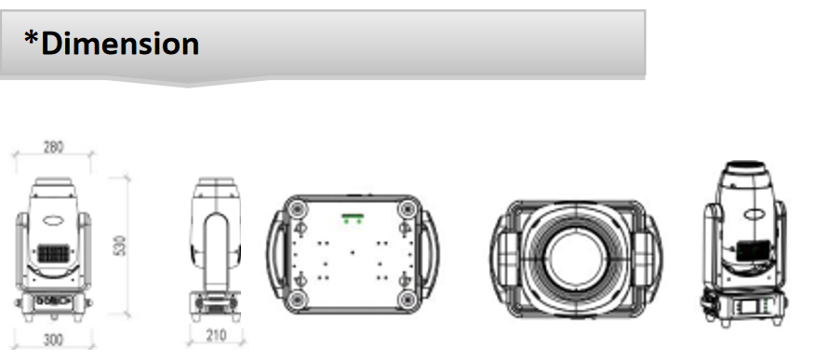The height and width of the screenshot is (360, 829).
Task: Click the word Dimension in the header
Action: click(x=120, y=44)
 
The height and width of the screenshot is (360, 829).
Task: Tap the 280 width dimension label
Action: click(x=53, y=148)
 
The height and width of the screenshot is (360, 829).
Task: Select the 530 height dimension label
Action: click(x=121, y=246)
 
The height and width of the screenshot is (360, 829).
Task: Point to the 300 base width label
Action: click(x=53, y=340)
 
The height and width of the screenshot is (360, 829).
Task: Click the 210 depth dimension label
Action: click(x=216, y=335)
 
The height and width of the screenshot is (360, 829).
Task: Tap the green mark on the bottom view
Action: click(x=353, y=218)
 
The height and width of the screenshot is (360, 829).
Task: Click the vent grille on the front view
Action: click(x=53, y=253)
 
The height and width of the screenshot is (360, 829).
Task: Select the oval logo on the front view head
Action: click(x=53, y=220)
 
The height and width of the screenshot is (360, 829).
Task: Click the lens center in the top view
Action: click(x=575, y=259)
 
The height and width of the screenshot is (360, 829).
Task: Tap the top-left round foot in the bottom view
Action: click(x=297, y=208)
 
